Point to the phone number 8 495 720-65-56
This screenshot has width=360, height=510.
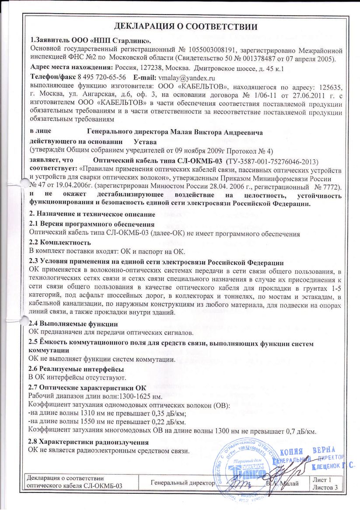point(92,76)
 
